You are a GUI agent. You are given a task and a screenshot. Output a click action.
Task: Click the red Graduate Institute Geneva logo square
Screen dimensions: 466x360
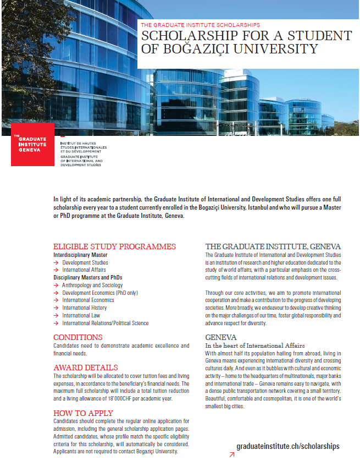click(x=32, y=144)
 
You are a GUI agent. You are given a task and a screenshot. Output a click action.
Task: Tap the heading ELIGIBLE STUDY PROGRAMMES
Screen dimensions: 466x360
click(x=114, y=246)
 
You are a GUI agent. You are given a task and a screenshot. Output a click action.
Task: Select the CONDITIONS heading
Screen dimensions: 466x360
click(x=77, y=337)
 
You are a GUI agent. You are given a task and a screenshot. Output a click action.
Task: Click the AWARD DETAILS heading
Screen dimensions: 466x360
click(x=85, y=367)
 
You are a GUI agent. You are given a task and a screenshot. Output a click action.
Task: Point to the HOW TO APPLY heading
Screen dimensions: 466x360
click(x=83, y=413)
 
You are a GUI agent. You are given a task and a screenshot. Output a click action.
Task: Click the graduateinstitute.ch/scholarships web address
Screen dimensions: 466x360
click(x=287, y=446)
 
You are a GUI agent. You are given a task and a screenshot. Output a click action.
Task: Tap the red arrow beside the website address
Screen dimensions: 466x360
click(x=231, y=454)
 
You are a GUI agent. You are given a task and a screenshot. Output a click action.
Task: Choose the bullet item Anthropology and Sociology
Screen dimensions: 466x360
click(x=92, y=285)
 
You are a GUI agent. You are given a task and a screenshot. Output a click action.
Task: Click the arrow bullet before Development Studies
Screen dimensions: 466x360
click(x=56, y=263)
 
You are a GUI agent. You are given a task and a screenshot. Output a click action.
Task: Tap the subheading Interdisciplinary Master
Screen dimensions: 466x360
click(x=80, y=255)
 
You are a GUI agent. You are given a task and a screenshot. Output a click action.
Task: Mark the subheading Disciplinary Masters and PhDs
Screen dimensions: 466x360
click(x=87, y=277)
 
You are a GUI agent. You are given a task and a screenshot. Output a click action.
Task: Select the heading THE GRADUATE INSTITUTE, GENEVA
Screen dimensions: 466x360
click(x=273, y=246)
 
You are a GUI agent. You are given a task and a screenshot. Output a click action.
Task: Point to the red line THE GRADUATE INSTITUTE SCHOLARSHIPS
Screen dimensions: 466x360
click(x=200, y=25)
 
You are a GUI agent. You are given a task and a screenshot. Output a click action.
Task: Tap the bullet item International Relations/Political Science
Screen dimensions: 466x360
click(x=105, y=324)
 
